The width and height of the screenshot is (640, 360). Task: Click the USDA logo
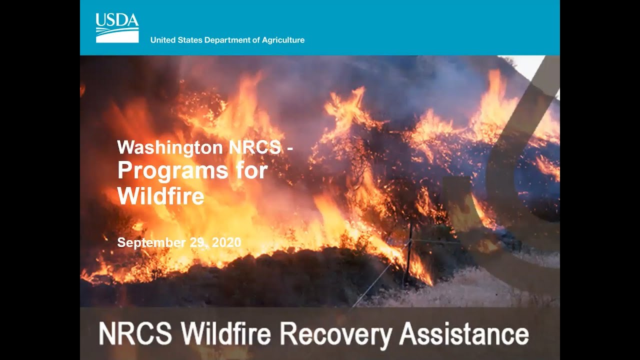pyautogui.click(x=117, y=28)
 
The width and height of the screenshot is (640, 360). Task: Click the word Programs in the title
pyautogui.click(x=172, y=171)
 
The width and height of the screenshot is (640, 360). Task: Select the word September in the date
pyautogui.click(x=150, y=243)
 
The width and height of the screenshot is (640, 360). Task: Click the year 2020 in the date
pyautogui.click(x=226, y=243)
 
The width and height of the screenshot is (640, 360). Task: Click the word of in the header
pyautogui.click(x=257, y=40)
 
